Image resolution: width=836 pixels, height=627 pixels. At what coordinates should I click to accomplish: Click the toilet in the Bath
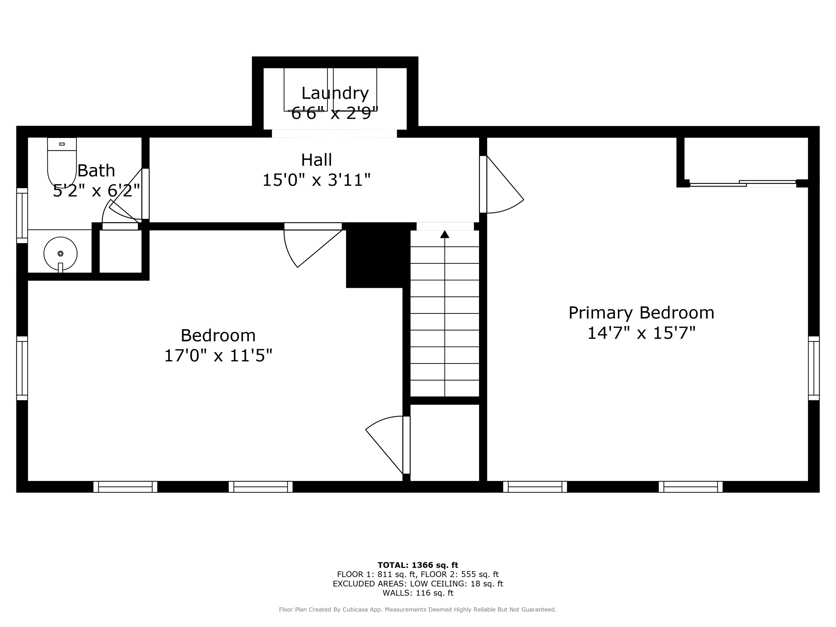(62, 162)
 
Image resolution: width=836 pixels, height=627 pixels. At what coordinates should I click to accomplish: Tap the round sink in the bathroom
(60, 254)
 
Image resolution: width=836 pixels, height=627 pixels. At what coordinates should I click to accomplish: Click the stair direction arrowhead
(444, 234)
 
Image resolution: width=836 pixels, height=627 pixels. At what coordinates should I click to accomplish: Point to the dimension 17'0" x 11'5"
(218, 356)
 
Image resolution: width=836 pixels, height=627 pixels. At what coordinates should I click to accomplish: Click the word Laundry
(335, 93)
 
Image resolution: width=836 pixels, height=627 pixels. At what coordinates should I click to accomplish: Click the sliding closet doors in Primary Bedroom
(742, 184)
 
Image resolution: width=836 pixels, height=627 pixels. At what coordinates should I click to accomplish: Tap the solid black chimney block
(378, 255)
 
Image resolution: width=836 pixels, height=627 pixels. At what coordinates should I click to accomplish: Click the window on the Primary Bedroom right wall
(813, 368)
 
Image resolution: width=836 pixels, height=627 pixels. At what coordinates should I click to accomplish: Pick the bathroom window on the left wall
(22, 215)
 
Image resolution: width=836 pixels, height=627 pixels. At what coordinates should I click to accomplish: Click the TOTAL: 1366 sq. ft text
(418, 565)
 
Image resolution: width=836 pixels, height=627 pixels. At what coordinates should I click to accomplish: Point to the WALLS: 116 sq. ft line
(418, 593)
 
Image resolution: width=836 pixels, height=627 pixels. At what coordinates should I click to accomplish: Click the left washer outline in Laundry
(305, 89)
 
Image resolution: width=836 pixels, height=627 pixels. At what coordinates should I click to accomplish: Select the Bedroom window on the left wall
(22, 368)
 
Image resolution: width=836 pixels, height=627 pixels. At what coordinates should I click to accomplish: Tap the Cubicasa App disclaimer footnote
(418, 610)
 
